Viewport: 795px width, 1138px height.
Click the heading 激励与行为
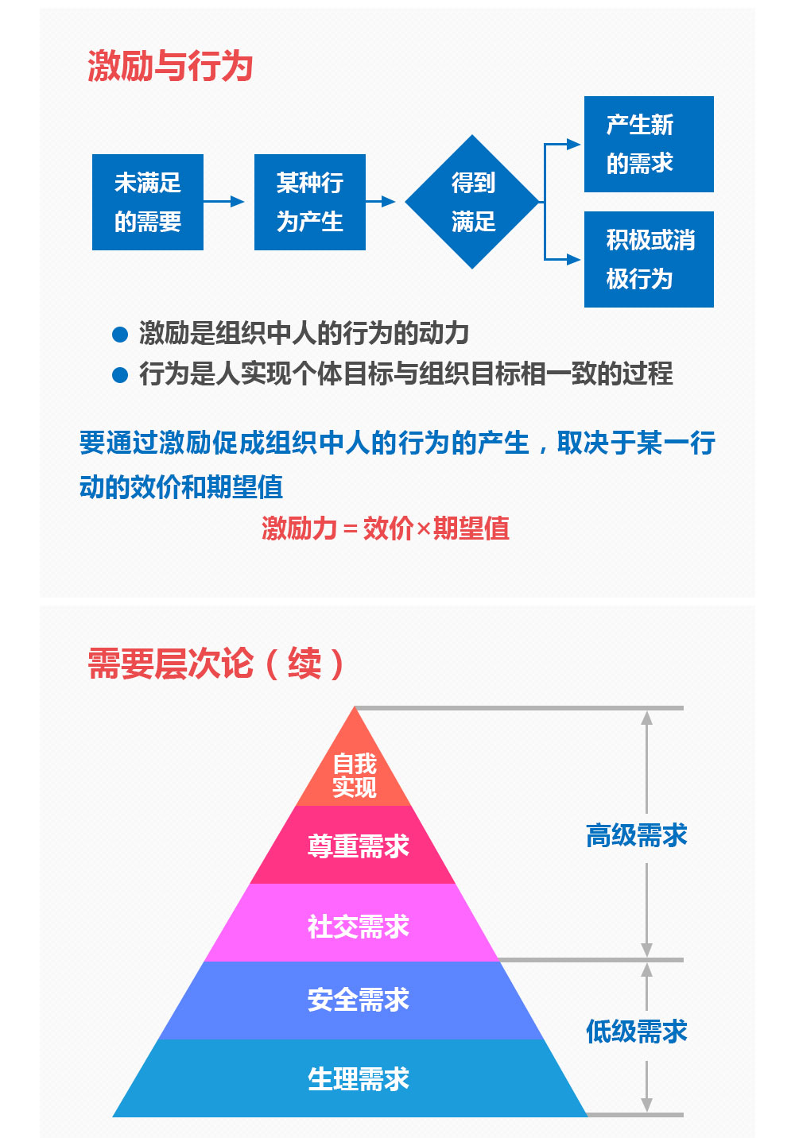(x=170, y=66)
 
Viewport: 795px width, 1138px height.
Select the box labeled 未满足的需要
(x=147, y=202)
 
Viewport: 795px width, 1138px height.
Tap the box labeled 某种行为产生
(x=309, y=202)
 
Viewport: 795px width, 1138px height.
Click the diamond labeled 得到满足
(x=472, y=202)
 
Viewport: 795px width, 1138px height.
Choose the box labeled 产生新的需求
(x=649, y=144)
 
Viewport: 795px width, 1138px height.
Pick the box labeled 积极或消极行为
(x=649, y=259)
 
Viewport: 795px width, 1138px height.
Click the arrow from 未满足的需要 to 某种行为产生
(x=223, y=201)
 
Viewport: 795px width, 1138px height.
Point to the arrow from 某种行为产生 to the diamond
(x=380, y=201)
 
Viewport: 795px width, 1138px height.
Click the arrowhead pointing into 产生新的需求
(x=573, y=145)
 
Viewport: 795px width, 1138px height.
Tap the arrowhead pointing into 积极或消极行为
(x=573, y=259)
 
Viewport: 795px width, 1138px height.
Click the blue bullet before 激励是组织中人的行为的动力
(x=120, y=335)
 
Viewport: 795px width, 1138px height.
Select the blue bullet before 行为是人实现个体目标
(x=120, y=374)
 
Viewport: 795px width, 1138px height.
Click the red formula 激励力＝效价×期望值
(x=386, y=528)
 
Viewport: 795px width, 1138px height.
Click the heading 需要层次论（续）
(x=216, y=663)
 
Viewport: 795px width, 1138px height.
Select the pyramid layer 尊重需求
(x=353, y=844)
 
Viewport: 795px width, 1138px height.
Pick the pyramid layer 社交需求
(x=351, y=922)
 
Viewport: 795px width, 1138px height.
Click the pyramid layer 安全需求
(x=351, y=1000)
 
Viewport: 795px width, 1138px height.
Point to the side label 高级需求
(x=637, y=836)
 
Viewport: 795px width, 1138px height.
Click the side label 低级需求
(x=637, y=1032)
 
